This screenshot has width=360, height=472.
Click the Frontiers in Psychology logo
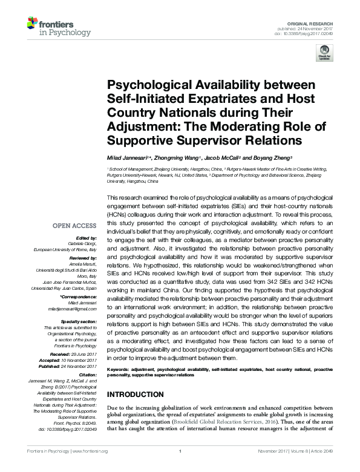coord(59,27)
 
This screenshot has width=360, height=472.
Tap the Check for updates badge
coord(325,53)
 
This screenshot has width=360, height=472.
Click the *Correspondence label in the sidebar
coord(81,298)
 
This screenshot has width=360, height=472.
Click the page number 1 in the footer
coord(180,468)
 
